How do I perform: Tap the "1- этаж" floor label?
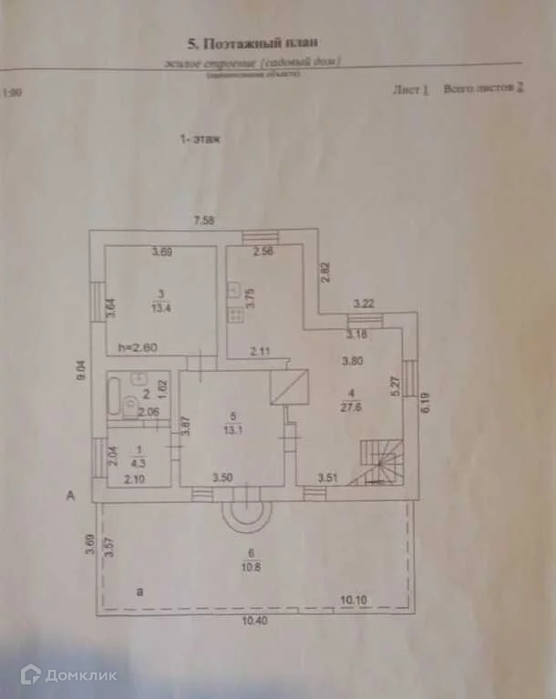pyautogui.click(x=200, y=139)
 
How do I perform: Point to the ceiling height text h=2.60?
pyautogui.click(x=138, y=347)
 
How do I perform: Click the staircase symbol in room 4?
pyautogui.click(x=381, y=463)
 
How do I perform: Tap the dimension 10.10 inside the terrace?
pyautogui.click(x=354, y=599)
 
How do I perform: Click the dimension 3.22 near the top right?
pyautogui.click(x=365, y=303)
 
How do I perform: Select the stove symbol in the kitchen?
pyautogui.click(x=235, y=315)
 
